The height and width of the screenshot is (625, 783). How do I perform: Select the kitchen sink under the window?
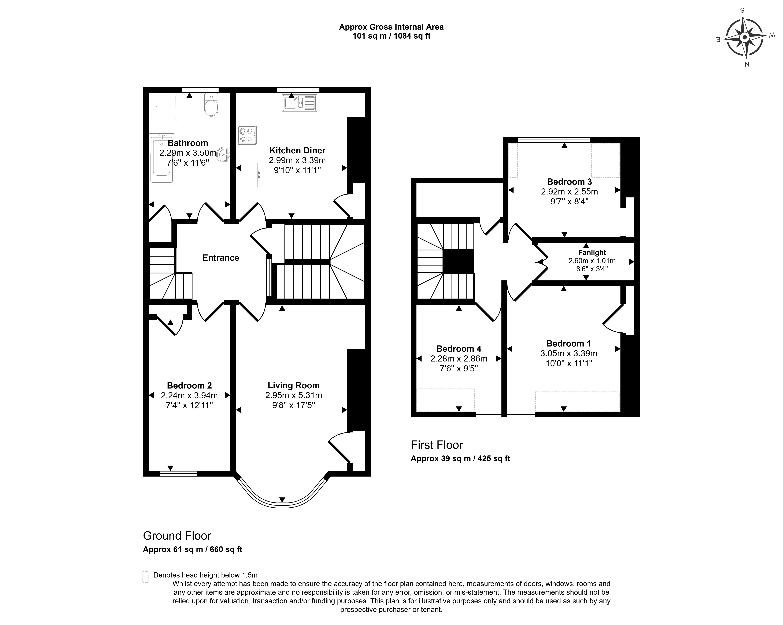tap(299, 103)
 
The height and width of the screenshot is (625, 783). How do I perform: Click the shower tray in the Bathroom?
tap(163, 107)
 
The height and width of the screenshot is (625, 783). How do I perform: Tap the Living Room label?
tap(293, 385)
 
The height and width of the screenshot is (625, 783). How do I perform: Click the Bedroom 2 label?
tap(189, 385)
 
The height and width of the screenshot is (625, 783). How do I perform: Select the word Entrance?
tap(221, 258)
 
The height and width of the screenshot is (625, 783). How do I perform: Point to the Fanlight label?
tap(592, 253)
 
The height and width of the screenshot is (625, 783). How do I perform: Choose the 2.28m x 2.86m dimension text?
tap(459, 359)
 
